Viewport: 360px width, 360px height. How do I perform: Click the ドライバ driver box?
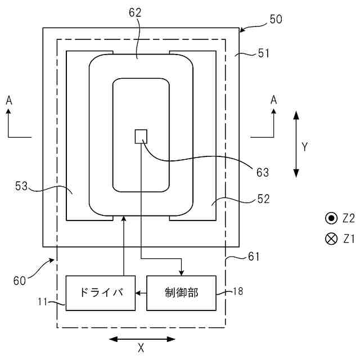point(101,292)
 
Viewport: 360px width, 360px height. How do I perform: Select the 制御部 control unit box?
point(182,292)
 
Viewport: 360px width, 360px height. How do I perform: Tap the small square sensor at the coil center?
point(141,136)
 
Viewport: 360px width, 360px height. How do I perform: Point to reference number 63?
point(263,172)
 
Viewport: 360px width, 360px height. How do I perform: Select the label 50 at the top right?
point(276,19)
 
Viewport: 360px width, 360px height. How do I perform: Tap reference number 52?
point(263,199)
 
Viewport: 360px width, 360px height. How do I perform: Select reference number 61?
point(254,257)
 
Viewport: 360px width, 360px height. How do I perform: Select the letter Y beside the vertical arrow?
point(304,147)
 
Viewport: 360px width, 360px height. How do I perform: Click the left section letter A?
point(8,100)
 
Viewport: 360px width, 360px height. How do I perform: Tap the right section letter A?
point(273,100)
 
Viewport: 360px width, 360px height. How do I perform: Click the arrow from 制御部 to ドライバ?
point(141,292)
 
